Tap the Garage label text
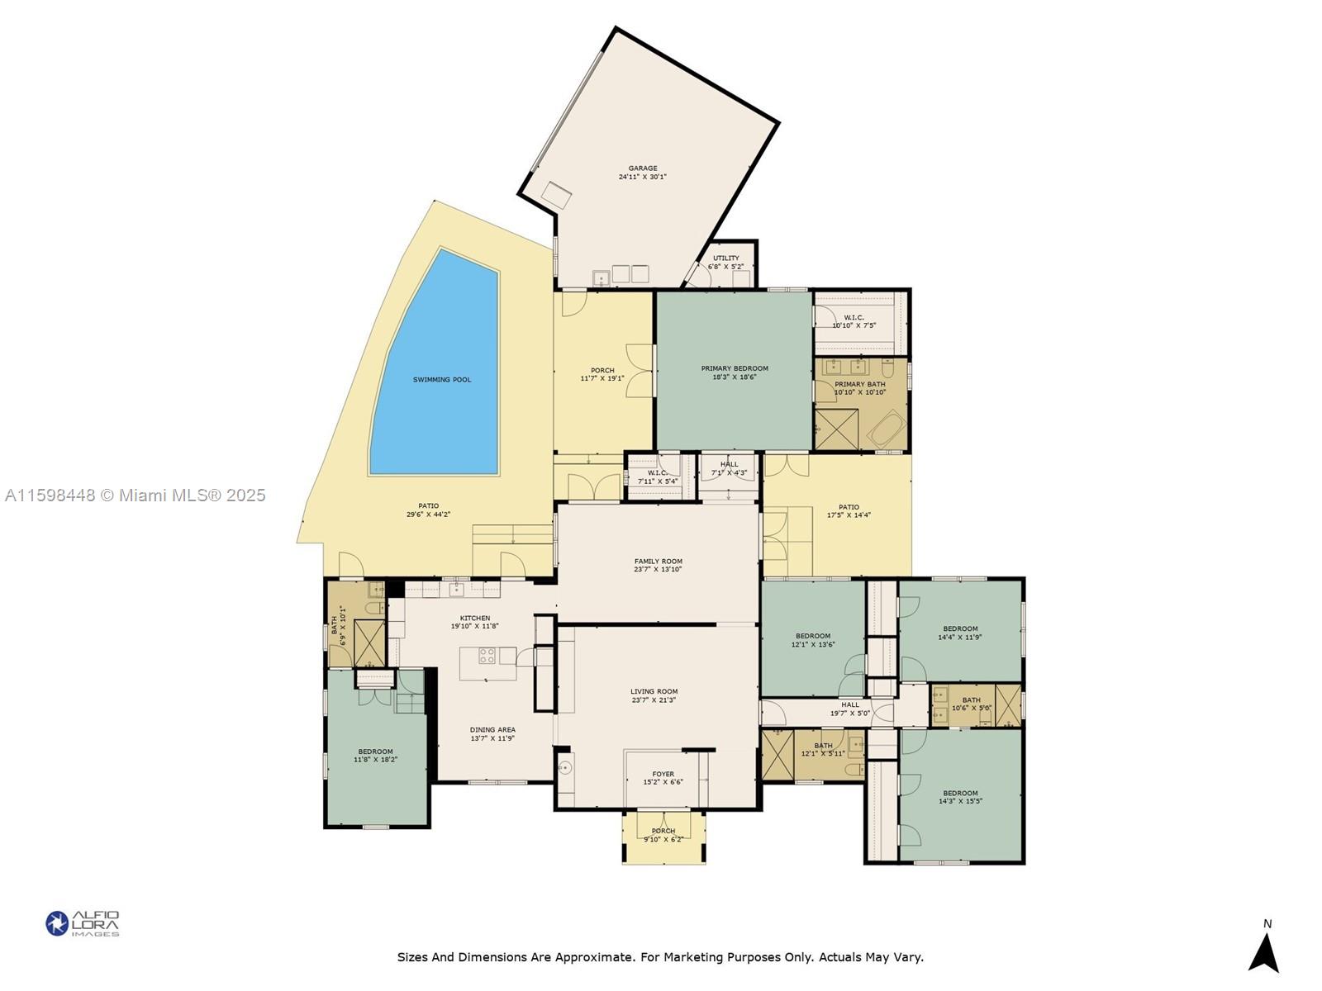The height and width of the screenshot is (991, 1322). [x=643, y=168]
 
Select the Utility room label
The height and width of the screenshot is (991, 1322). [x=726, y=258]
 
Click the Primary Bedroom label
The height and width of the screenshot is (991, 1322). [x=735, y=368]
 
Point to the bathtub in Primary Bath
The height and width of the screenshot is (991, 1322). [x=887, y=429]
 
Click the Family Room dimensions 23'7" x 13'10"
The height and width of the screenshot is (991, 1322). [x=658, y=570]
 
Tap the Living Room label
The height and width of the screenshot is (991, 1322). [x=654, y=691]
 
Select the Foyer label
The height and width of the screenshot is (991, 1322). [x=663, y=774]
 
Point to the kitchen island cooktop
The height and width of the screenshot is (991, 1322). [x=487, y=656]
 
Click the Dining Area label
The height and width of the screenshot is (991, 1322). [x=492, y=730]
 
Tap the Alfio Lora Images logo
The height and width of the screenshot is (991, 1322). [x=83, y=923]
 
